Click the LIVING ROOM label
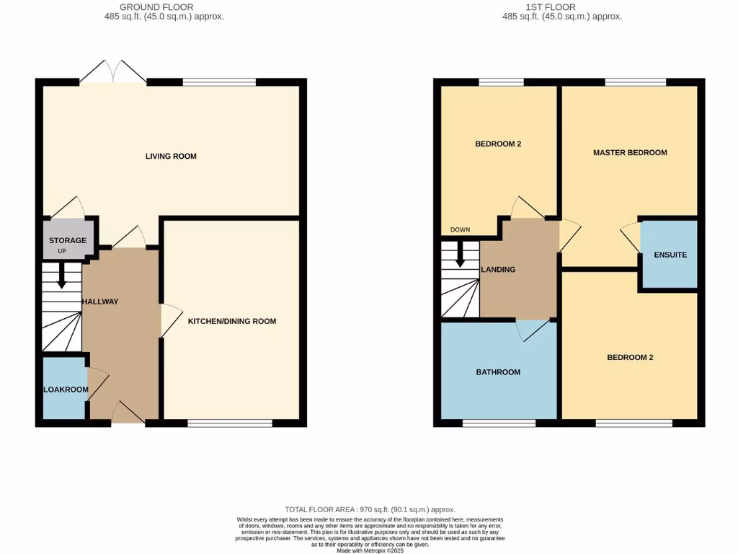click(171, 157)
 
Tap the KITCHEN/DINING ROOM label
click(232, 321)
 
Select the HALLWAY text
click(100, 302)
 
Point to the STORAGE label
click(68, 240)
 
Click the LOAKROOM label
click(66, 390)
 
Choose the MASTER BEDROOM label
click(630, 153)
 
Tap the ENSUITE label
click(670, 255)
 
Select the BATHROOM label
click(498, 372)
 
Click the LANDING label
click(498, 270)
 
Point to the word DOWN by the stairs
click(460, 230)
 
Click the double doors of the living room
click(113, 72)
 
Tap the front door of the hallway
click(128, 413)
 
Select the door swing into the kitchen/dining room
click(170, 320)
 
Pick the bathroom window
click(499, 423)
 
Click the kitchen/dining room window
click(230, 423)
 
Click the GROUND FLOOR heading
click(156, 7)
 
